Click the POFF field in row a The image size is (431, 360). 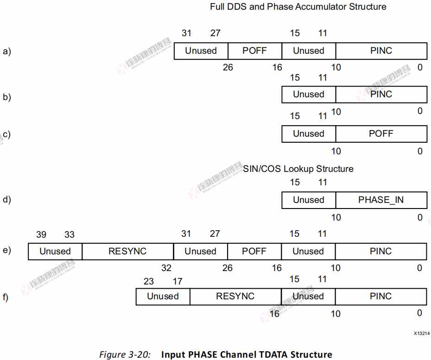(254, 51)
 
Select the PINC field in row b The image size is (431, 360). (381, 95)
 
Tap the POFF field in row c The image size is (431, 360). (381, 134)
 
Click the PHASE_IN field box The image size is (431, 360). (381, 200)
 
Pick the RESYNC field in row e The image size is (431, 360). (127, 252)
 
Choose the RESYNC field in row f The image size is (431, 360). (235, 297)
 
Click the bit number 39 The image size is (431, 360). (41, 235)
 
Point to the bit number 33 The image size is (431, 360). (70, 235)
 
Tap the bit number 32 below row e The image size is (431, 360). (166, 268)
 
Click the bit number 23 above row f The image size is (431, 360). (148, 281)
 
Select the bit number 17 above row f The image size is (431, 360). (177, 281)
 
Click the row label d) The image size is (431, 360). (6, 200)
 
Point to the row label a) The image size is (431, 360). (6, 51)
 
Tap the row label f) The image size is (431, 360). (6, 297)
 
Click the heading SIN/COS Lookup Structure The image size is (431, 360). (298, 169)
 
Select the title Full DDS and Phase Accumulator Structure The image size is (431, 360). (298, 7)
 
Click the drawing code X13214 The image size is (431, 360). (422, 333)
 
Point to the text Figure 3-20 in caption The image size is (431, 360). (125, 355)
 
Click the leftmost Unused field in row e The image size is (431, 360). (55, 252)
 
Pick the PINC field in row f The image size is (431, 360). (381, 297)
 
